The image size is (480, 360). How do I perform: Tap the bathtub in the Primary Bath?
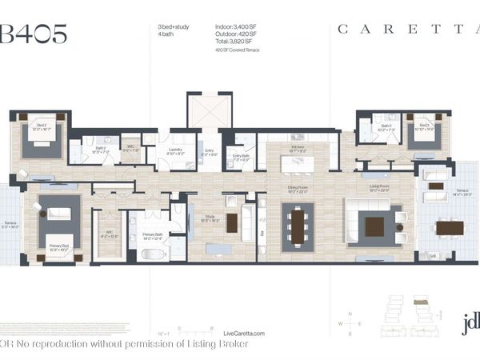click(x=154, y=254)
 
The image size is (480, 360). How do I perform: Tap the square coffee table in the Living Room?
click(x=374, y=226)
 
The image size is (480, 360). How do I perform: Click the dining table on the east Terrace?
click(x=450, y=227)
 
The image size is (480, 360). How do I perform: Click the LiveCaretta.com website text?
click(x=245, y=333)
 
